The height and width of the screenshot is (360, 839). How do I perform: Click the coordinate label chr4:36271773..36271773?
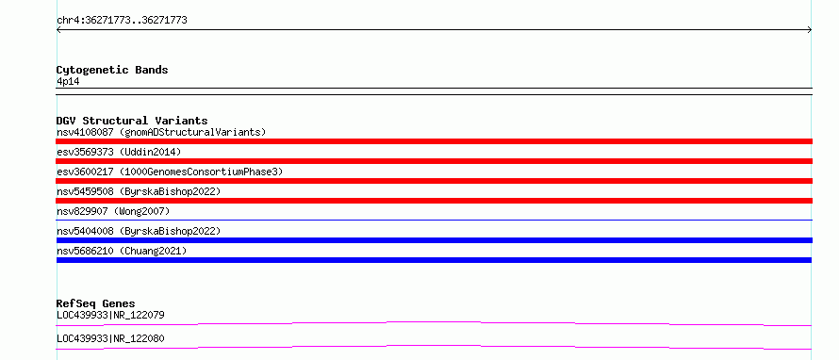click(122, 21)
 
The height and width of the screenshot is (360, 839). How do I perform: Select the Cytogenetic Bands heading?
click(112, 70)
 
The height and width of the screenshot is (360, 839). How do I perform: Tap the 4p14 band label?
click(68, 82)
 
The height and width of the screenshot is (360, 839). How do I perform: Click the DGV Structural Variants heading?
click(132, 121)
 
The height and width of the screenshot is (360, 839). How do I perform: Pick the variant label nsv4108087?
click(85, 132)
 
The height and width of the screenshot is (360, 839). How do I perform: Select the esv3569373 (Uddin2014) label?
click(119, 152)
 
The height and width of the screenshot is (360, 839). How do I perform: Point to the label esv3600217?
click(85, 172)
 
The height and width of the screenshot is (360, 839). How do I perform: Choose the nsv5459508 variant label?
click(85, 191)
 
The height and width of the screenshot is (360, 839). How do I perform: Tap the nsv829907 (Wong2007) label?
click(113, 211)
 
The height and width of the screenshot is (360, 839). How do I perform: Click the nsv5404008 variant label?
click(85, 231)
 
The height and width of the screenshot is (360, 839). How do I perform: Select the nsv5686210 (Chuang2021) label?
click(122, 251)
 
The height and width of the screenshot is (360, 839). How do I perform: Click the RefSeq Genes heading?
click(96, 303)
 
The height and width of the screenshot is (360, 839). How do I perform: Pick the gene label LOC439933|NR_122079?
click(110, 315)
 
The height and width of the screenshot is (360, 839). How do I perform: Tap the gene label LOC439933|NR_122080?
click(110, 338)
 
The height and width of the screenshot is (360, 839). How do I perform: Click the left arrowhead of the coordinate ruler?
click(58, 30)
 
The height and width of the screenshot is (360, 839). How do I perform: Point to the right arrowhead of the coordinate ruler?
click(810, 30)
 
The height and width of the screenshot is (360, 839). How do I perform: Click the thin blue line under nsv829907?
click(435, 220)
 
